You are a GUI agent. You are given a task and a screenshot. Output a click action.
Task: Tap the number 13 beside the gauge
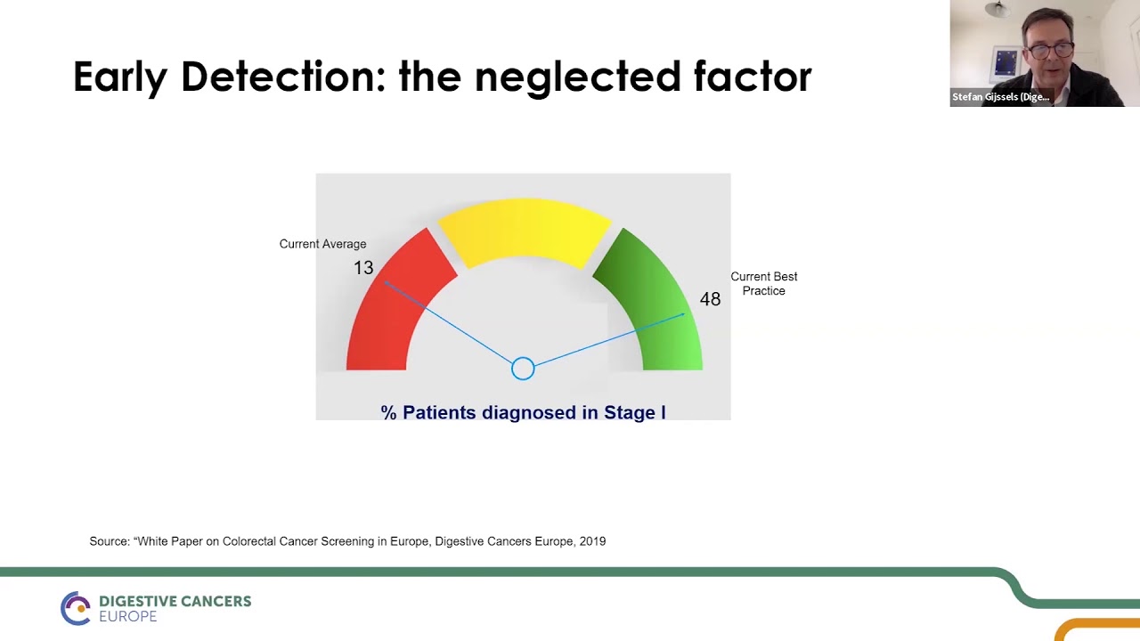pyautogui.click(x=363, y=268)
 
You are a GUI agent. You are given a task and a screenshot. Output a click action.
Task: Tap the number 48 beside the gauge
pyautogui.click(x=710, y=299)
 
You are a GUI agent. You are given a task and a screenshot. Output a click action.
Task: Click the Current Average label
pyautogui.click(x=322, y=244)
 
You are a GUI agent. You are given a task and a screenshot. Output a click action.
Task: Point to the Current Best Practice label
pyautogui.click(x=763, y=283)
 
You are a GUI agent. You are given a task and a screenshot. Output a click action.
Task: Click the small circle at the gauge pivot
pyautogui.click(x=523, y=368)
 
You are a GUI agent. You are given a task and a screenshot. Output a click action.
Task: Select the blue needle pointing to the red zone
pyautogui.click(x=450, y=322)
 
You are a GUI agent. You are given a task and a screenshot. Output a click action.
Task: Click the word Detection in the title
pyautogui.click(x=282, y=77)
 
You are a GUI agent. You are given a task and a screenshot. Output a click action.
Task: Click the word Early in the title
pyautogui.click(x=119, y=77)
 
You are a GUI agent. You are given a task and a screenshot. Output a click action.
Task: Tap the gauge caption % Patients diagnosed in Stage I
pyautogui.click(x=523, y=412)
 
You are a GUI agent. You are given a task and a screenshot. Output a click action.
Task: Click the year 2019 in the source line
pyautogui.click(x=592, y=541)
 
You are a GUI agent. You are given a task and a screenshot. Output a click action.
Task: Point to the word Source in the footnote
pyautogui.click(x=109, y=541)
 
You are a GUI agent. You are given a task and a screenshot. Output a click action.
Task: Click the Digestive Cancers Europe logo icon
pyautogui.click(x=76, y=608)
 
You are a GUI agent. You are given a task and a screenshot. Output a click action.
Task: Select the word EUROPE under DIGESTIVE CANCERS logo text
pyautogui.click(x=127, y=617)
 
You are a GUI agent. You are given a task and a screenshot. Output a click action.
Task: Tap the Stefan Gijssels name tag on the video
pyautogui.click(x=1000, y=97)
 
